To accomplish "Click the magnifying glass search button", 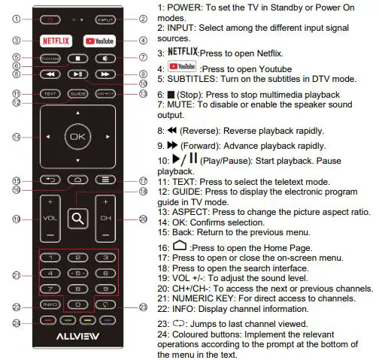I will [77, 219].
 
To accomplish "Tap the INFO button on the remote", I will [50, 305].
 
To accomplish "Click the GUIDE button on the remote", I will [77, 94].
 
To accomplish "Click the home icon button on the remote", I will [77, 180].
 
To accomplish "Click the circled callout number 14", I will [17, 138].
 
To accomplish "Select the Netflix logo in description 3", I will [181, 53].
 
